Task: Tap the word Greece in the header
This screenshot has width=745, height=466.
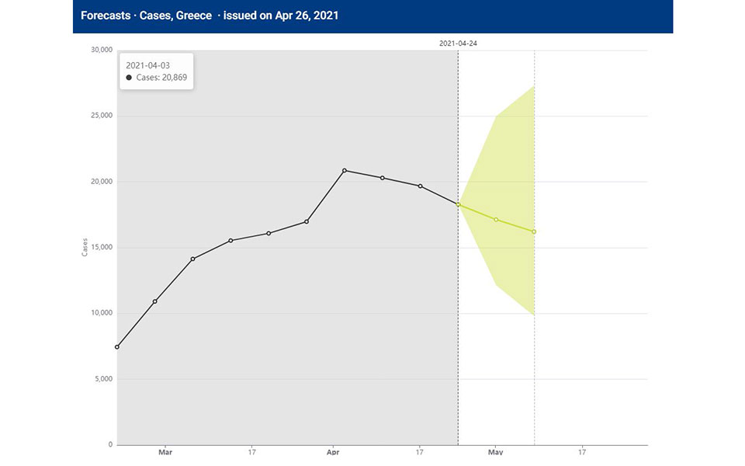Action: click(x=192, y=16)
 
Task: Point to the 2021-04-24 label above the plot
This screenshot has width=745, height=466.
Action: click(x=458, y=43)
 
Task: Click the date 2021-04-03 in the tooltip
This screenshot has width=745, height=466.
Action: click(x=147, y=65)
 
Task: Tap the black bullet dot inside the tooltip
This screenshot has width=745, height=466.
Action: click(x=128, y=78)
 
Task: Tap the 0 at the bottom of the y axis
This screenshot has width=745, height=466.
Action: click(x=109, y=445)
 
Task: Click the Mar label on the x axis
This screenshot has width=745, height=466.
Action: click(x=165, y=451)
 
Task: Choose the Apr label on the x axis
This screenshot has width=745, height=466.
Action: click(x=333, y=451)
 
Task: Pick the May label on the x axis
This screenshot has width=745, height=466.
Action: click(x=496, y=451)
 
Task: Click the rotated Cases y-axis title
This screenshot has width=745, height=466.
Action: click(x=85, y=248)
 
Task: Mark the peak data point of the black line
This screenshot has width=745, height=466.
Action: click(x=345, y=170)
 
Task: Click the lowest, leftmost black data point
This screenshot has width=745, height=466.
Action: click(x=117, y=346)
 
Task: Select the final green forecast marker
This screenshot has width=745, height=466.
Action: click(x=534, y=231)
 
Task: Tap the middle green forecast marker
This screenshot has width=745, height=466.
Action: click(x=496, y=220)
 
